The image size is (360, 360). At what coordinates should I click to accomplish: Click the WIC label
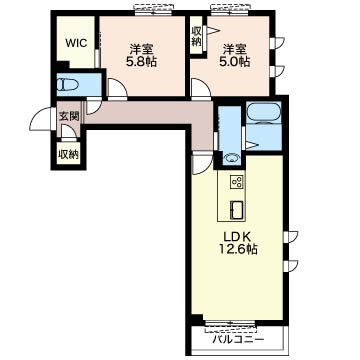click(76, 43)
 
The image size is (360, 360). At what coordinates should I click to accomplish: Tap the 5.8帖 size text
click(141, 62)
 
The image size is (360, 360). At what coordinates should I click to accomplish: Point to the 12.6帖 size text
click(238, 249)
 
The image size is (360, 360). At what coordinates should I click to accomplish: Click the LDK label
click(237, 236)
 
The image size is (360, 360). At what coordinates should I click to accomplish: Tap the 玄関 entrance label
click(69, 116)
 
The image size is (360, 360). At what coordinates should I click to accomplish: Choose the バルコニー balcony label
click(238, 340)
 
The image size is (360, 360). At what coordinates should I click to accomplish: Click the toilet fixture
click(68, 85)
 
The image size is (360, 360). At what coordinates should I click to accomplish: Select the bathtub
click(264, 112)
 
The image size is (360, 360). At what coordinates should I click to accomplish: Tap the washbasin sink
click(232, 157)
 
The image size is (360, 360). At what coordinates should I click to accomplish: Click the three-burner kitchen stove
click(238, 182)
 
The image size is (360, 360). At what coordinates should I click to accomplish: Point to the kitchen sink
click(237, 210)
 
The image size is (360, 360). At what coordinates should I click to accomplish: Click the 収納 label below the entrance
click(68, 154)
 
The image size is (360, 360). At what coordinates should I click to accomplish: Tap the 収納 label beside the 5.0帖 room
click(196, 36)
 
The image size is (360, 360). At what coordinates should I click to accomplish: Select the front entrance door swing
click(40, 119)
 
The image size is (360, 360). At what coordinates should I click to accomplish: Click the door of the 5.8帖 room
click(117, 89)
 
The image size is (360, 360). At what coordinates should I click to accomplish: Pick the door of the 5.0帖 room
click(200, 89)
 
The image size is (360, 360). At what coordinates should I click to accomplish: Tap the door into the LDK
click(202, 163)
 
